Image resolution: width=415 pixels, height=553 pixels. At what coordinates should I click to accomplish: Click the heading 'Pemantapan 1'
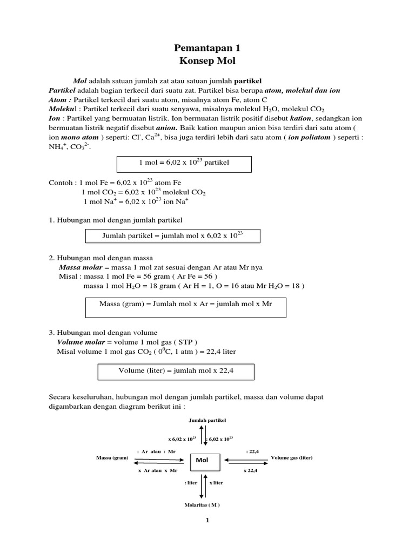click(x=207, y=48)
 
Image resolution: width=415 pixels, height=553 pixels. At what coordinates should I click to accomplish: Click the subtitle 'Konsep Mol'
click(x=207, y=61)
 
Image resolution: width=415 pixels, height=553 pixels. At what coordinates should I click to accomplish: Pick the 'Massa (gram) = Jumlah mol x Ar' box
click(x=185, y=305)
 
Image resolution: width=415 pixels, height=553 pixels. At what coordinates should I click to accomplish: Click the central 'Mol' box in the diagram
click(x=205, y=461)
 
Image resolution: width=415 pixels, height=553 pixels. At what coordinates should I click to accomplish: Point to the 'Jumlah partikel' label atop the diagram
click(x=207, y=420)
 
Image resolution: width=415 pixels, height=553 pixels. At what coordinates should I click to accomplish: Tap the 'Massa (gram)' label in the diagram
click(x=112, y=458)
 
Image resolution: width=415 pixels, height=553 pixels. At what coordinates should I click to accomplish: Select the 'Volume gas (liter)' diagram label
click(x=291, y=458)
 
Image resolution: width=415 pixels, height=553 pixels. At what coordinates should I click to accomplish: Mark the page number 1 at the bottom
click(x=207, y=521)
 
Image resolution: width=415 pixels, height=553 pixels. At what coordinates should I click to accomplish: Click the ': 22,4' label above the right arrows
click(x=252, y=450)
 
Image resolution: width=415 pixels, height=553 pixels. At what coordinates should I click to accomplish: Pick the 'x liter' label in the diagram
click(x=216, y=482)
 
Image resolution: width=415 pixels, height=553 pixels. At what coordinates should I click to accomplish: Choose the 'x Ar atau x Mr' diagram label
click(x=157, y=470)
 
